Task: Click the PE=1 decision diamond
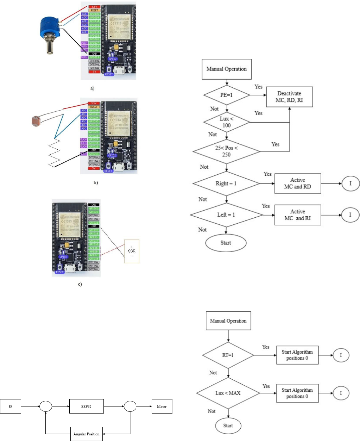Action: [227, 95]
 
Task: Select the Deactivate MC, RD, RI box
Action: [289, 97]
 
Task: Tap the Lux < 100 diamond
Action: [227, 122]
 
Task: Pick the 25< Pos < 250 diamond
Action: [226, 151]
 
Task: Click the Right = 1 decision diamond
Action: [226, 184]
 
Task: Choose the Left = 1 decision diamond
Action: [226, 215]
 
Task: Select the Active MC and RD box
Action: [298, 184]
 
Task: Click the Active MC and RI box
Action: [298, 215]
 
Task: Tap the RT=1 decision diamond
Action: [228, 355]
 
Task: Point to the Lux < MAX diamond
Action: [228, 393]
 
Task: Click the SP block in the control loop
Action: [11, 406]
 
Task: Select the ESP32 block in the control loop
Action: [86, 406]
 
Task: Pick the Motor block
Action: [162, 406]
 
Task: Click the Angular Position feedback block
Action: [86, 434]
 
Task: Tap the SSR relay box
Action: [132, 251]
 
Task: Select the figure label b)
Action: [95, 182]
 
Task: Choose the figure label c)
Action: [80, 284]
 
